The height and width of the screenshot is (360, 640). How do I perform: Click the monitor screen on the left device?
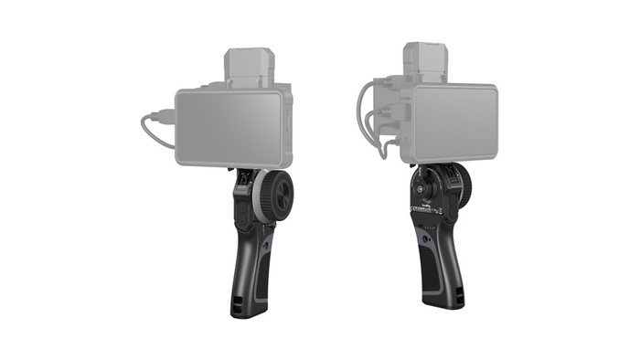[229, 127]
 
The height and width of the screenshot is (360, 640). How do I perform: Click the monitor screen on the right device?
[453, 122]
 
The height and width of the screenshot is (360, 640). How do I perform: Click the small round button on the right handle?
[421, 190]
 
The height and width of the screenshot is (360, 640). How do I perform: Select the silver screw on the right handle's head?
[423, 179]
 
